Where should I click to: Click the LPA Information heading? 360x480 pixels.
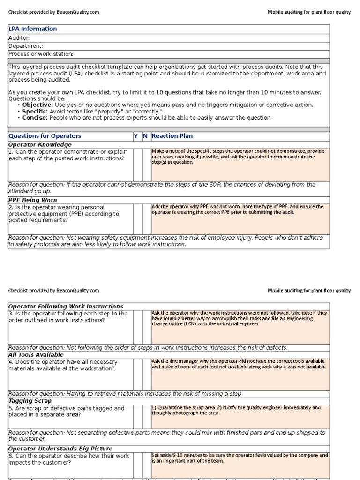(33, 29)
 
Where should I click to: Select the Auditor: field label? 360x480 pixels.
(19, 37)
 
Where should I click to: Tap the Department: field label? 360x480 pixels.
(26, 46)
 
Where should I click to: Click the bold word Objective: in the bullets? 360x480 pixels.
(37, 105)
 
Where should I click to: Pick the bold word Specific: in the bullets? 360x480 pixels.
(35, 111)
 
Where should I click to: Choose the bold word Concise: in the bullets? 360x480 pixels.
(35, 118)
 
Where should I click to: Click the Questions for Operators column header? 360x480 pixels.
(45, 136)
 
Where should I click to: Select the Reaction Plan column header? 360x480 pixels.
(172, 136)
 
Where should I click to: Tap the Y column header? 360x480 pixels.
(136, 136)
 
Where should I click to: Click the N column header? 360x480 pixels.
(145, 136)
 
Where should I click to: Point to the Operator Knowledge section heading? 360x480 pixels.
(40, 144)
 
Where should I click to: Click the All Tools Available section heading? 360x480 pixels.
(36, 355)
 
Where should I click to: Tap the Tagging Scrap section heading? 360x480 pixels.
(30, 401)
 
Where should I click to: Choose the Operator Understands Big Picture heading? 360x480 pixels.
(60, 449)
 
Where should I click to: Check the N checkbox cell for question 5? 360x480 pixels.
(146, 417)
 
